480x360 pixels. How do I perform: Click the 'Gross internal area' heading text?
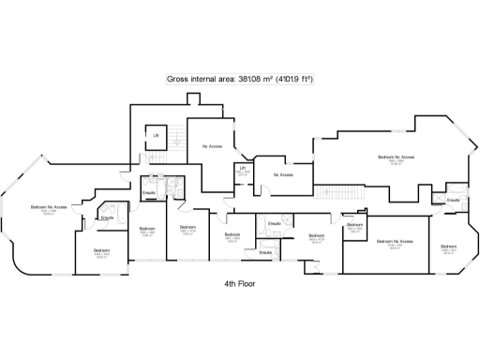tap(239, 80)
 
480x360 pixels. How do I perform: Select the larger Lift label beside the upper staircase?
tap(157, 136)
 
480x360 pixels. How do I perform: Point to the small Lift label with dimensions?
tap(242, 169)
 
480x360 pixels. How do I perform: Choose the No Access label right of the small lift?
tap(283, 174)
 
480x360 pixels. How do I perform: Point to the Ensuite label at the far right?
tap(453, 200)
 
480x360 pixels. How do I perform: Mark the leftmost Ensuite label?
tap(107, 217)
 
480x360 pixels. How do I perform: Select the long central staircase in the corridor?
tap(342, 192)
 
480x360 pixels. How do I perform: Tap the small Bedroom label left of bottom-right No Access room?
tap(354, 225)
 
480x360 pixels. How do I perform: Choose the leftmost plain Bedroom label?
tap(101, 250)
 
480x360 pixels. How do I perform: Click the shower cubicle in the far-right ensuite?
tap(438, 198)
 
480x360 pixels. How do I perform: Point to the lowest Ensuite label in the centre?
tap(265, 251)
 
